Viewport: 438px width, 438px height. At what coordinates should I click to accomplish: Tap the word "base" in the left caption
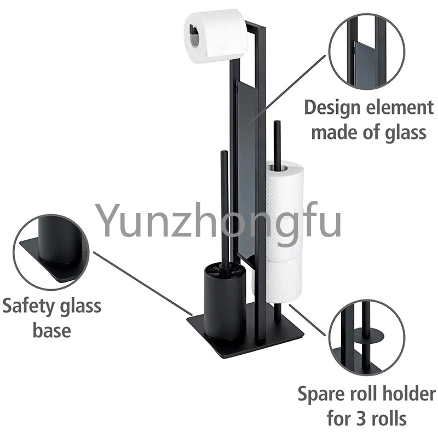tap(51, 330)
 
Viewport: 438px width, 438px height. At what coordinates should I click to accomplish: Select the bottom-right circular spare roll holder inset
tap(366, 335)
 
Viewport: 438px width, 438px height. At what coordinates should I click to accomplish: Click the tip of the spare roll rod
tap(277, 124)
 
